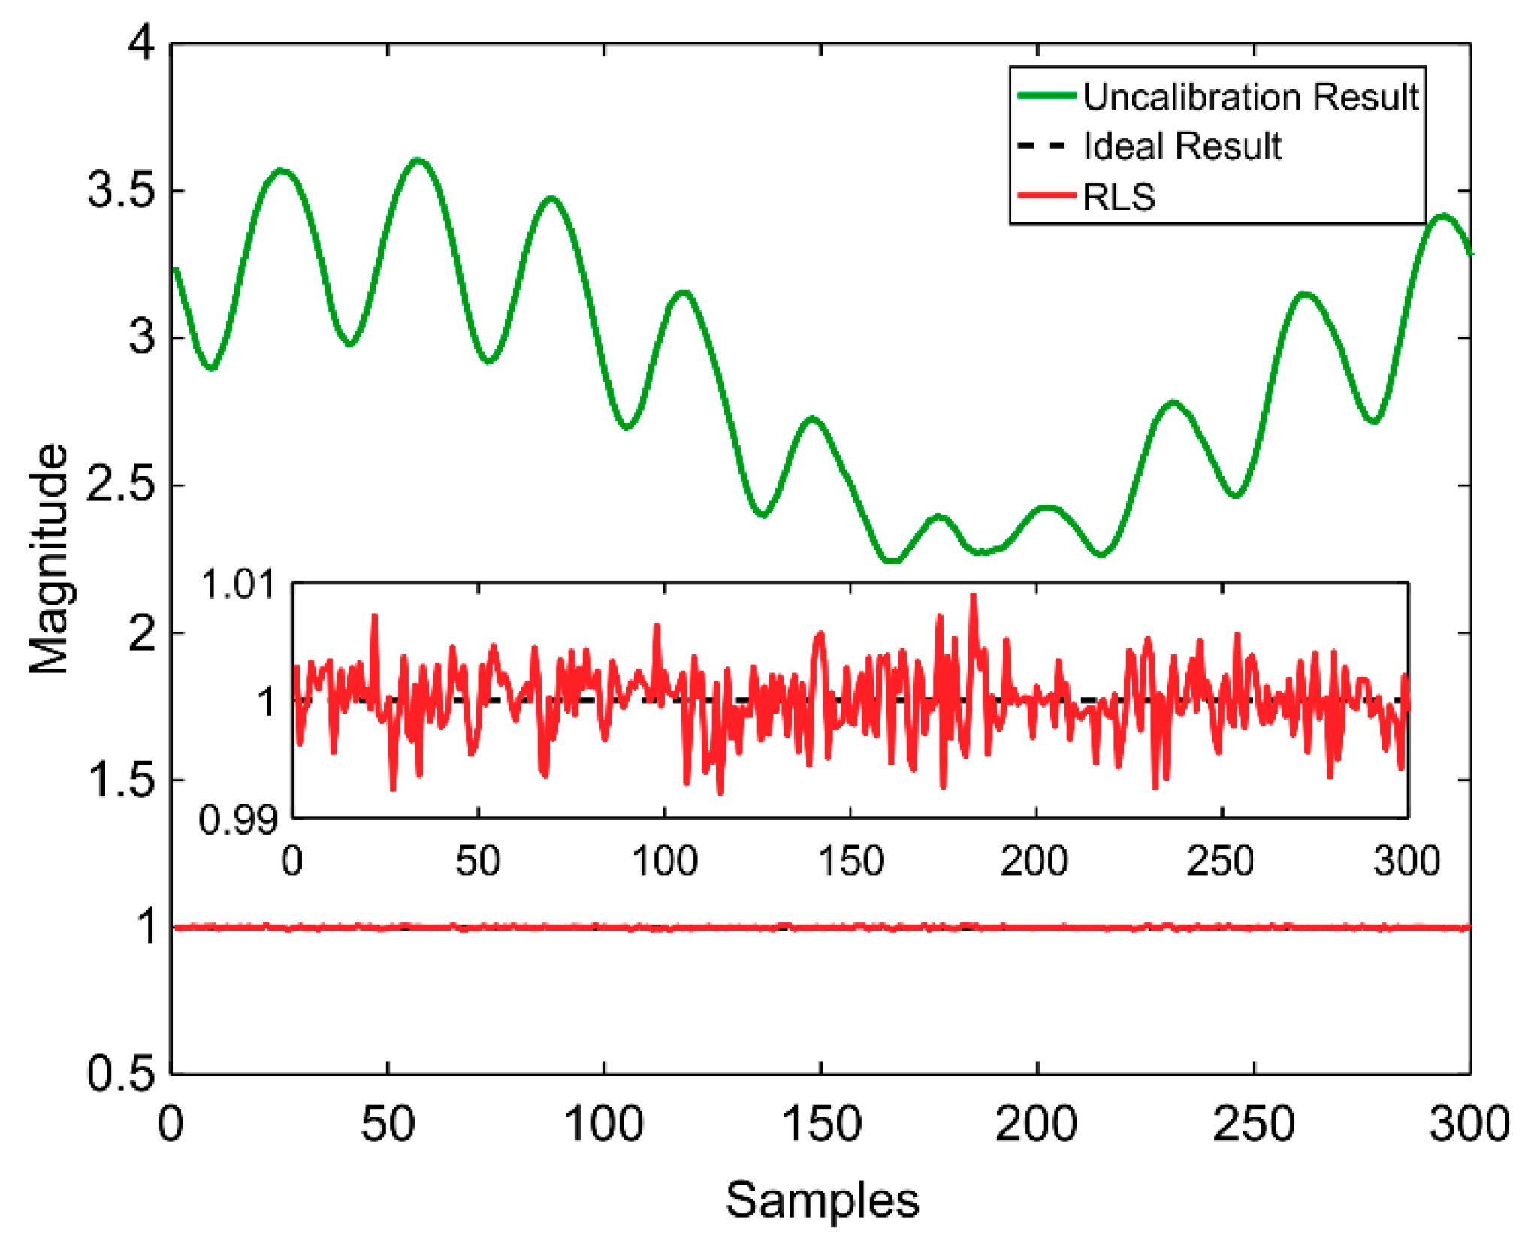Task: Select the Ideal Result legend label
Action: tap(1182, 146)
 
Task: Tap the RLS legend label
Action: tap(1118, 197)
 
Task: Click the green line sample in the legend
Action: tap(1046, 95)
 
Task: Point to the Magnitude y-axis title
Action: tap(49, 560)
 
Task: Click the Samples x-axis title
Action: tap(822, 1200)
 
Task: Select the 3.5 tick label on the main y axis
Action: tap(121, 190)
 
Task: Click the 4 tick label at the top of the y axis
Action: tap(140, 43)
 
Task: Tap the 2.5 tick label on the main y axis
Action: tap(121, 485)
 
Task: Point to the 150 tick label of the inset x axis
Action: tap(850, 861)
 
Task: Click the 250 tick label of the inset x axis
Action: tap(1220, 861)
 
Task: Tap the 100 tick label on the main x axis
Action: tap(604, 1125)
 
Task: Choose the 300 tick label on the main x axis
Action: tap(1469, 1125)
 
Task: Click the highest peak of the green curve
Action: tap(418, 160)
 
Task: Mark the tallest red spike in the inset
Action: tap(973, 596)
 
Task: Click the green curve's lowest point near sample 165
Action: tap(892, 560)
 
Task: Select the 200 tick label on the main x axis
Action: tap(1036, 1125)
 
